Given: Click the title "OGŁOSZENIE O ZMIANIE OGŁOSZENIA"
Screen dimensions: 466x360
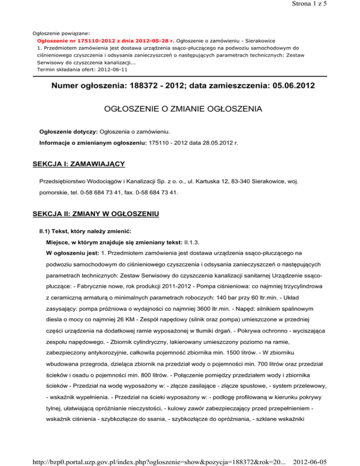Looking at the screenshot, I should (180, 111).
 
